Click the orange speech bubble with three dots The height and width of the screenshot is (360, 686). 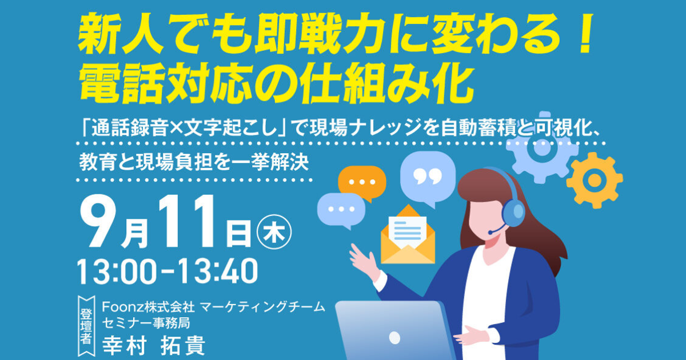(x=362, y=183)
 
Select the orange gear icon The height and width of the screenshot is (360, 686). (x=595, y=181)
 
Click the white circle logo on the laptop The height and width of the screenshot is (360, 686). (x=394, y=338)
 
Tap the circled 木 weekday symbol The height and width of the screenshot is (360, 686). (x=274, y=232)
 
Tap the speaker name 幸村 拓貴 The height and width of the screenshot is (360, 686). (x=153, y=346)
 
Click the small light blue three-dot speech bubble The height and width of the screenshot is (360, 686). (x=341, y=211)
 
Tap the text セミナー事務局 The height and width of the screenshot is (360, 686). (x=146, y=323)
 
